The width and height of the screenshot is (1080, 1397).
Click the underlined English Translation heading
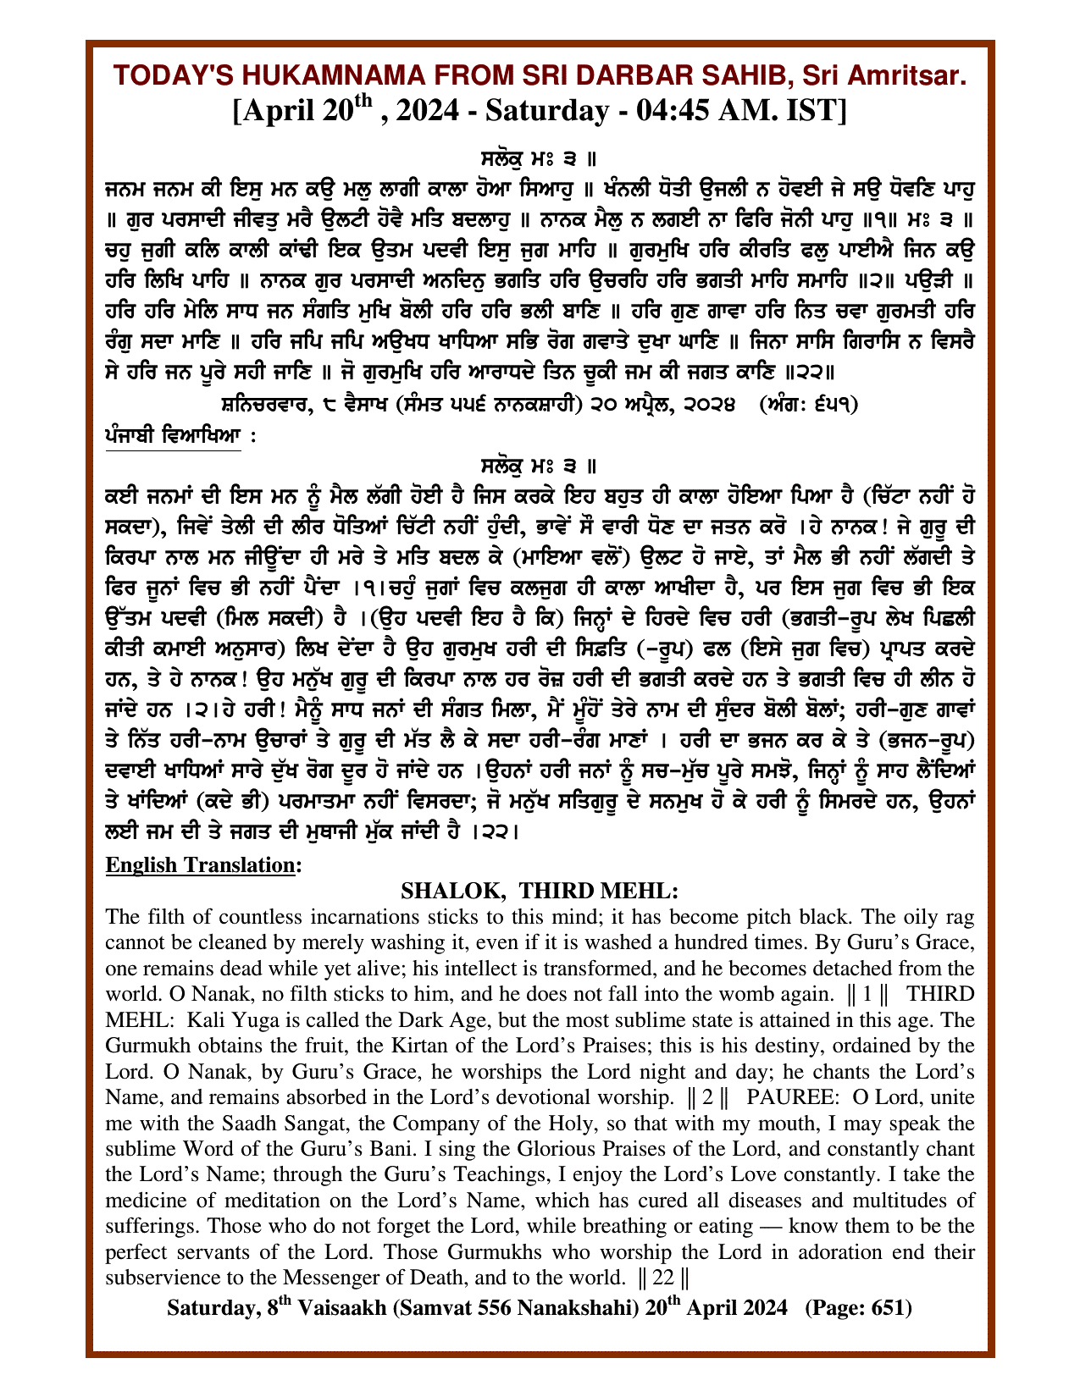pos(202,865)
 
